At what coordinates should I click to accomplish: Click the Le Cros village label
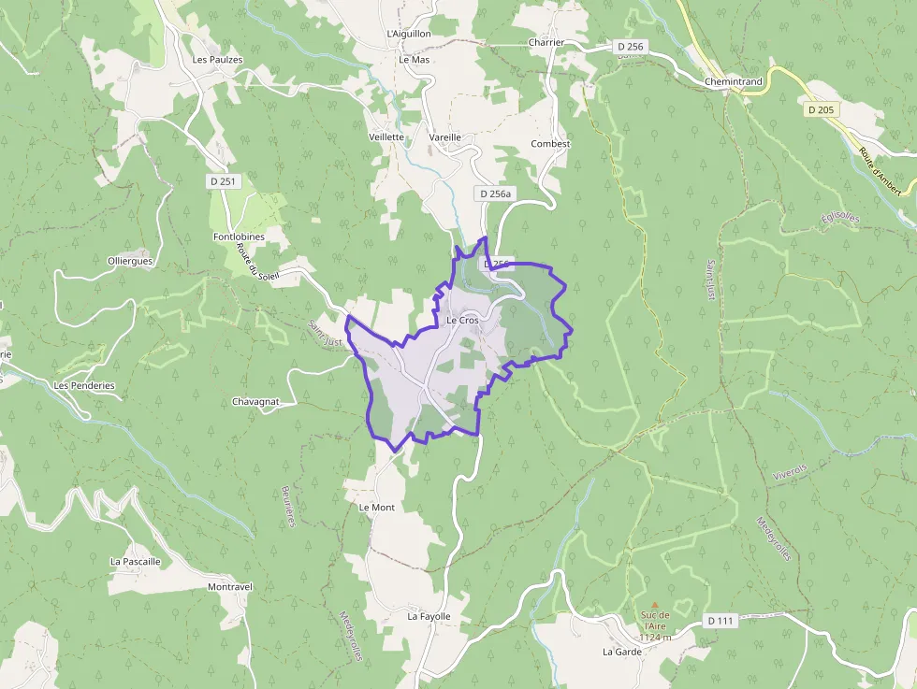(x=462, y=321)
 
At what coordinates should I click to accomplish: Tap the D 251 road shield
(x=223, y=181)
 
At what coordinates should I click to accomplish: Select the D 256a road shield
(x=494, y=194)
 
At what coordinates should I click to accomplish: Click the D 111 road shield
(x=720, y=621)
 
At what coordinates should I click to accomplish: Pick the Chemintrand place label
(x=734, y=82)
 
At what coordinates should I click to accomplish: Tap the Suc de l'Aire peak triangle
(x=655, y=604)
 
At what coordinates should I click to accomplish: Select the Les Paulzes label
(x=217, y=60)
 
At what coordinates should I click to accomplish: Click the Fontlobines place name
(x=239, y=237)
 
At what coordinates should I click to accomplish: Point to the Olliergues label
(x=130, y=261)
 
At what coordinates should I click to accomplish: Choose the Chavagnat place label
(x=256, y=402)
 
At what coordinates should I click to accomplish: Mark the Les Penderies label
(x=84, y=385)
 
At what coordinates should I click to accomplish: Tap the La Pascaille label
(x=136, y=562)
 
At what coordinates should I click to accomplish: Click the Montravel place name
(x=230, y=587)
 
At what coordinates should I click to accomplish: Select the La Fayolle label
(x=429, y=617)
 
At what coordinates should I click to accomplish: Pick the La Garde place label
(x=622, y=652)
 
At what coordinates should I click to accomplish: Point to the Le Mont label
(x=377, y=508)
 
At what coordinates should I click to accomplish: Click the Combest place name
(x=550, y=144)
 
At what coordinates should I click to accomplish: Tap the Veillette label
(x=386, y=136)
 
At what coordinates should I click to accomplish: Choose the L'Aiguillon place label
(x=409, y=34)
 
